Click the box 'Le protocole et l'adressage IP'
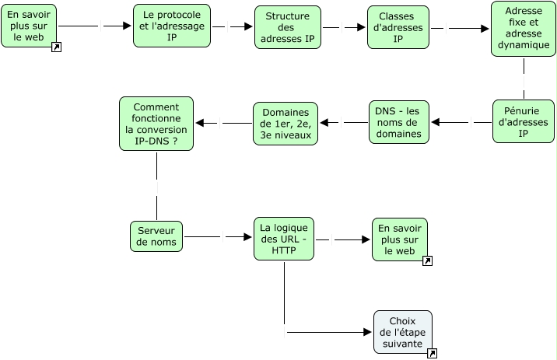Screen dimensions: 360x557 click(x=171, y=26)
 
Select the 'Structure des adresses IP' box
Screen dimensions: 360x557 click(x=287, y=27)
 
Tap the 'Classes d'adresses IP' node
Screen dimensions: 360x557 click(x=398, y=28)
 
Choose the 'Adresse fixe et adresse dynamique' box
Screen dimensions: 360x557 click(x=523, y=29)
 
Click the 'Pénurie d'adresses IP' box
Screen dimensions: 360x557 click(x=523, y=121)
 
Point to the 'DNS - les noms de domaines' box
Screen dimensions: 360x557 click(x=399, y=122)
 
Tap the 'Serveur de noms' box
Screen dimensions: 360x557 click(x=156, y=236)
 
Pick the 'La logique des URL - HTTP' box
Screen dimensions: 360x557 click(x=284, y=238)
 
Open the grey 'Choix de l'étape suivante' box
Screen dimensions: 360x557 click(x=402, y=332)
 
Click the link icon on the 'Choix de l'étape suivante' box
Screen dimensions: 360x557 click(x=432, y=354)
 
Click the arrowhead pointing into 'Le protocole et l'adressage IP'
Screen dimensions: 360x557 click(x=128, y=26)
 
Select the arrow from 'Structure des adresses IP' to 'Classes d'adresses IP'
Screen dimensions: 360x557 click(x=342, y=27)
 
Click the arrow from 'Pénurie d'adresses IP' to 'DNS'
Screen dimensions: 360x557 click(x=462, y=122)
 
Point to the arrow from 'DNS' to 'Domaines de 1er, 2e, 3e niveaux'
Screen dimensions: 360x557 click(x=344, y=123)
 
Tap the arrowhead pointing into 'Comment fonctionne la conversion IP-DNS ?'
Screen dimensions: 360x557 click(x=199, y=123)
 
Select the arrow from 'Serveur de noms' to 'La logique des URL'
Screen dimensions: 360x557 click(x=218, y=236)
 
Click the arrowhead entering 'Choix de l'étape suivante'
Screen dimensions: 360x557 click(x=369, y=332)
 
